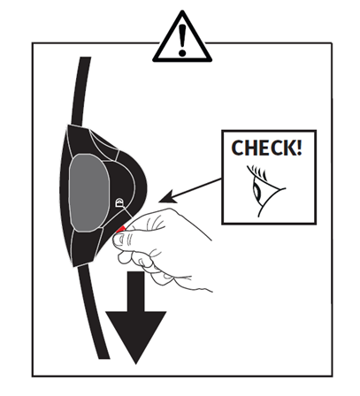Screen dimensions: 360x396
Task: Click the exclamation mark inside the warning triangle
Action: point(182,40)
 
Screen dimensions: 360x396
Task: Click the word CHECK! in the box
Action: point(266,148)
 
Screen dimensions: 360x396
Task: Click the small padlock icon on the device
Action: point(119,202)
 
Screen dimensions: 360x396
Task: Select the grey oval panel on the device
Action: point(89,193)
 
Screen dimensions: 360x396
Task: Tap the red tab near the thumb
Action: point(121,229)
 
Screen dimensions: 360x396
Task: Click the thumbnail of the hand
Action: point(119,240)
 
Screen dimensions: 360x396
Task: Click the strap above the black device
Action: point(80,91)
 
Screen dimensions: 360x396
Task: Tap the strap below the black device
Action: point(93,311)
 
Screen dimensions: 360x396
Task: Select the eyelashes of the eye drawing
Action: point(257,172)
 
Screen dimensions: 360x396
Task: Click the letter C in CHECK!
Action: point(237,148)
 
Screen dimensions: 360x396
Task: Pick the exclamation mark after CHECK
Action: point(299,148)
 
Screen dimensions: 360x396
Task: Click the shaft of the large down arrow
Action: point(136,292)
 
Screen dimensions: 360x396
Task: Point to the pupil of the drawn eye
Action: point(257,192)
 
